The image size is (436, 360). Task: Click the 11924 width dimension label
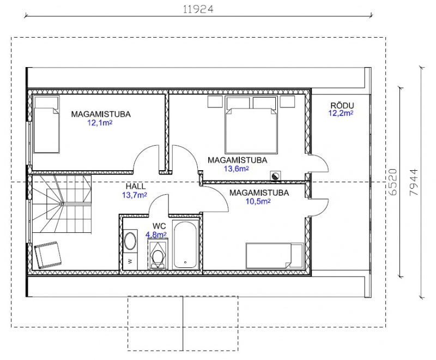198,9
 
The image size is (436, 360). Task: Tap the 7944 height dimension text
414,182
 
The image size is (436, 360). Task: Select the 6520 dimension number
392,182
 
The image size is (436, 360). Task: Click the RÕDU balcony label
342,105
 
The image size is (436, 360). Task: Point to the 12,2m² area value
341,113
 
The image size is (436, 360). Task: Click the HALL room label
135,186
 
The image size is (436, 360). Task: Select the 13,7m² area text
135,195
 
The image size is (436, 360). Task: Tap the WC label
159,226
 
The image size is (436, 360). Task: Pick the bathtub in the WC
185,244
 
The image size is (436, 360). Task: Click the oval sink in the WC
130,241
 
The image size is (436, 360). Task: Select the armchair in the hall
47,255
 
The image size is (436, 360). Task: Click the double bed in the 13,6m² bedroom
251,125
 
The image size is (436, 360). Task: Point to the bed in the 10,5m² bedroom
275,256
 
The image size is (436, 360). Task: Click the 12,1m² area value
100,123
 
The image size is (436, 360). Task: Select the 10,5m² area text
258,201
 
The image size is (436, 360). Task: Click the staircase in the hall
62,203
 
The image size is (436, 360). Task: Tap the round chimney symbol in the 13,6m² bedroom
276,176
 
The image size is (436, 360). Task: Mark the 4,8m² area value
156,235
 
